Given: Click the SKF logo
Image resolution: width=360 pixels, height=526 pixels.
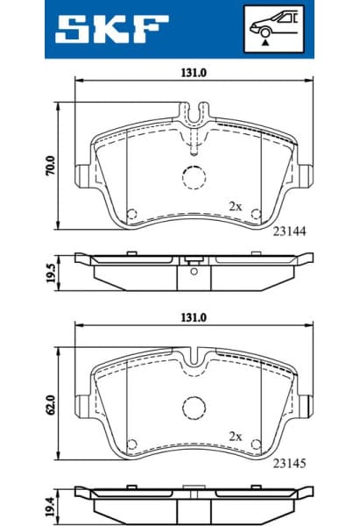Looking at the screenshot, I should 112,31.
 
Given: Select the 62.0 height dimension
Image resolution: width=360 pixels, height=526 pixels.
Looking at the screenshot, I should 51,405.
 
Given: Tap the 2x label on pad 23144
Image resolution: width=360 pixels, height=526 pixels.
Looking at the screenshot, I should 234,205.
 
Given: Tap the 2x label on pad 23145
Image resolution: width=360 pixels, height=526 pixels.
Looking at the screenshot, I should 234,435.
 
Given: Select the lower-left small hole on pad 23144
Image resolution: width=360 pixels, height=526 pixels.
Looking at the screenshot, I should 133,214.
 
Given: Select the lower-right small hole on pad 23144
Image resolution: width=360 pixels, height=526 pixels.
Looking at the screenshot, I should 256,214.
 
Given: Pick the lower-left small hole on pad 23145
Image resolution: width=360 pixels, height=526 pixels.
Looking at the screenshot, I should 133,443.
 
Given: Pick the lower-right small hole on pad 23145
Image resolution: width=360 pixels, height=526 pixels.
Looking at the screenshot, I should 256,443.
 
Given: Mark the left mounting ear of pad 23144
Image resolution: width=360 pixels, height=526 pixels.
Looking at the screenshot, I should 81,175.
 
